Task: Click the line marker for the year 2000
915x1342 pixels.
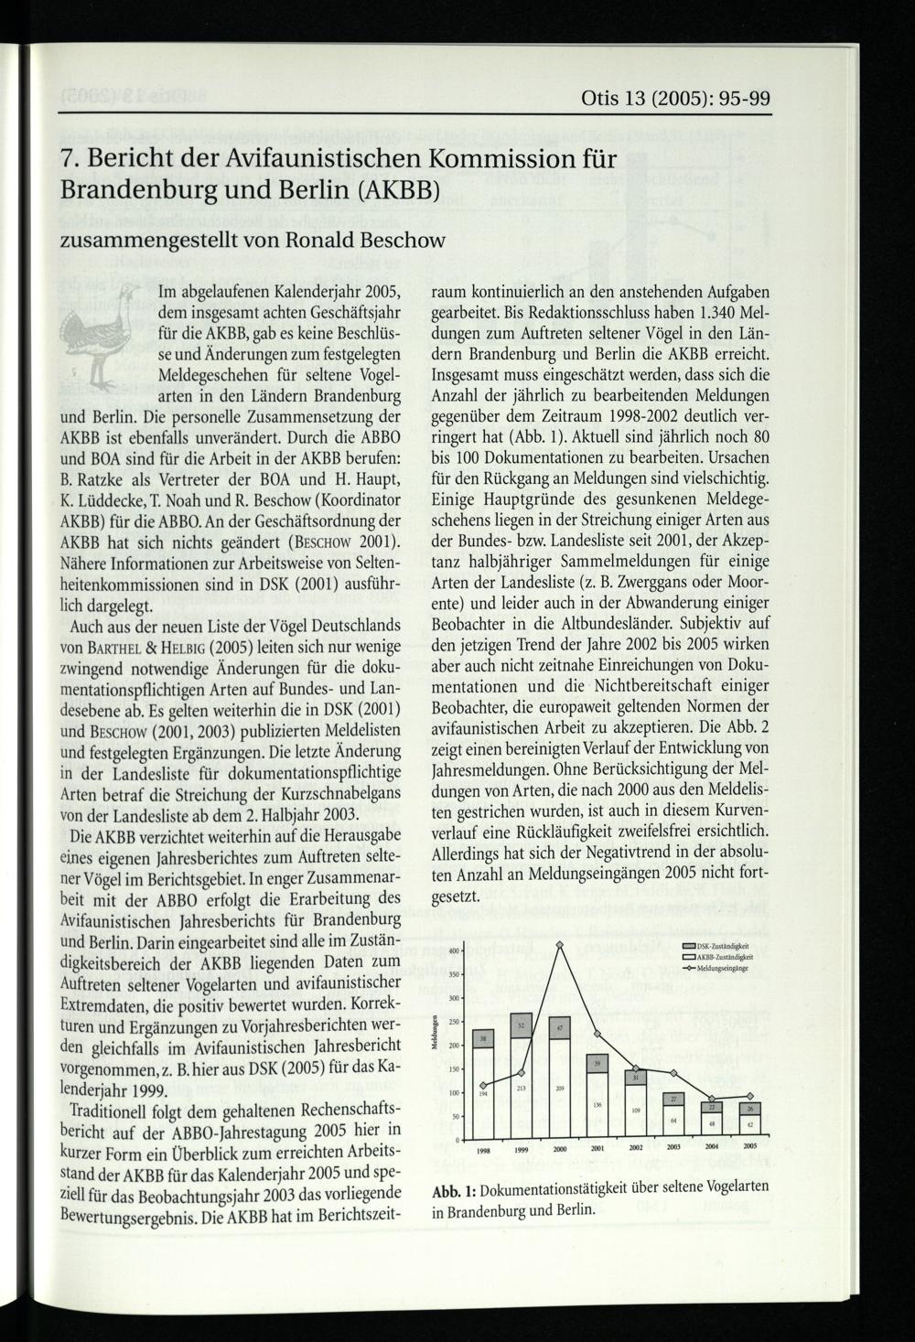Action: coord(558,945)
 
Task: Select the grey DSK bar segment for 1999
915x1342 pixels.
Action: coord(522,1025)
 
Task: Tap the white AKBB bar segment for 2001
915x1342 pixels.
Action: coord(597,1106)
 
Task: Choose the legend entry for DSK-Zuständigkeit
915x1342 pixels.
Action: coord(716,946)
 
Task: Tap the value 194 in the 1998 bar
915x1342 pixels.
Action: coord(483,1094)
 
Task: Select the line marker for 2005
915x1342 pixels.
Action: coord(749,1096)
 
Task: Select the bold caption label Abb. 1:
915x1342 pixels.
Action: coord(453,1190)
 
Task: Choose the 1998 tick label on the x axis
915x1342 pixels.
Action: coord(483,1148)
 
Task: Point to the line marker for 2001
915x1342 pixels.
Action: coord(597,1034)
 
